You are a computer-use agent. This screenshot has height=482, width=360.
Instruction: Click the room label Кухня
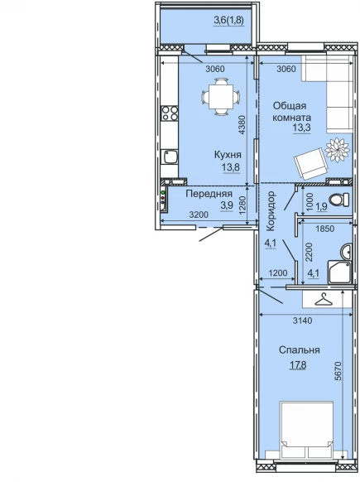tap(228, 155)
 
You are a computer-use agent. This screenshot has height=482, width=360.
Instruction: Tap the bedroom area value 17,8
tap(298, 365)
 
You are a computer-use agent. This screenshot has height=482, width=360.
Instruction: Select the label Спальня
tap(300, 350)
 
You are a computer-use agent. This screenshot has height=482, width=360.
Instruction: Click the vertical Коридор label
tap(271, 211)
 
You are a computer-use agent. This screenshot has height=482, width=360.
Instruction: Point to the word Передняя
tap(209, 194)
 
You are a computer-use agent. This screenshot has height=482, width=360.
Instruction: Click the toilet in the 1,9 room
tap(339, 200)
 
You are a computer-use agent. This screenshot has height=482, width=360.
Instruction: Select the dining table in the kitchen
tap(220, 97)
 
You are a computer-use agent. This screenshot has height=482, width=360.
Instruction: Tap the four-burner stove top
tap(170, 113)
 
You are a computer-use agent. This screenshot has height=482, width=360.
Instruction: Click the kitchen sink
tap(170, 157)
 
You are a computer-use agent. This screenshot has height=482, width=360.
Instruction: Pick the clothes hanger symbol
tap(324, 300)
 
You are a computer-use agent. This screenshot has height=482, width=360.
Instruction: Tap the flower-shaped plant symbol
tap(338, 151)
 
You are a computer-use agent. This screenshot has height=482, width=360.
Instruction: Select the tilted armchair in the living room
tap(311, 163)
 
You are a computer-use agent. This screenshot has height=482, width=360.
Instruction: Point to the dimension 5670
tap(338, 371)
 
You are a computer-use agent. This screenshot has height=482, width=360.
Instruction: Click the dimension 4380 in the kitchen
tap(242, 124)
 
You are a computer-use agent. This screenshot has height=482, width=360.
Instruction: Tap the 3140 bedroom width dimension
tap(303, 321)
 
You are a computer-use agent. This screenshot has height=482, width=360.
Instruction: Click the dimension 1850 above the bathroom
tap(324, 229)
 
